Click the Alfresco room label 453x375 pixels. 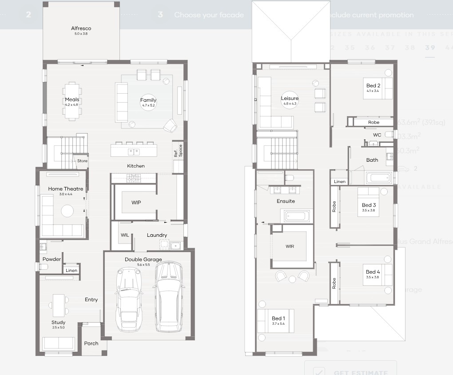[81, 29]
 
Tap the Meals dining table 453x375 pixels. [72, 101]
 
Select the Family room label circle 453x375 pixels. [148, 103]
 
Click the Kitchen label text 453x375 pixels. [136, 166]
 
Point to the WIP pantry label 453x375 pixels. [136, 202]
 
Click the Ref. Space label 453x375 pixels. [178, 151]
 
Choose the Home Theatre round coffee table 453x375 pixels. [68, 211]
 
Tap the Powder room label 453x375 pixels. [52, 259]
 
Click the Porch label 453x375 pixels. [91, 343]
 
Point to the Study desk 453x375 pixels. [58, 304]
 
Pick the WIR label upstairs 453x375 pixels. [290, 246]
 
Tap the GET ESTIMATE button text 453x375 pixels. [360, 372]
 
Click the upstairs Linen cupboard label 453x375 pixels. [339, 181]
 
